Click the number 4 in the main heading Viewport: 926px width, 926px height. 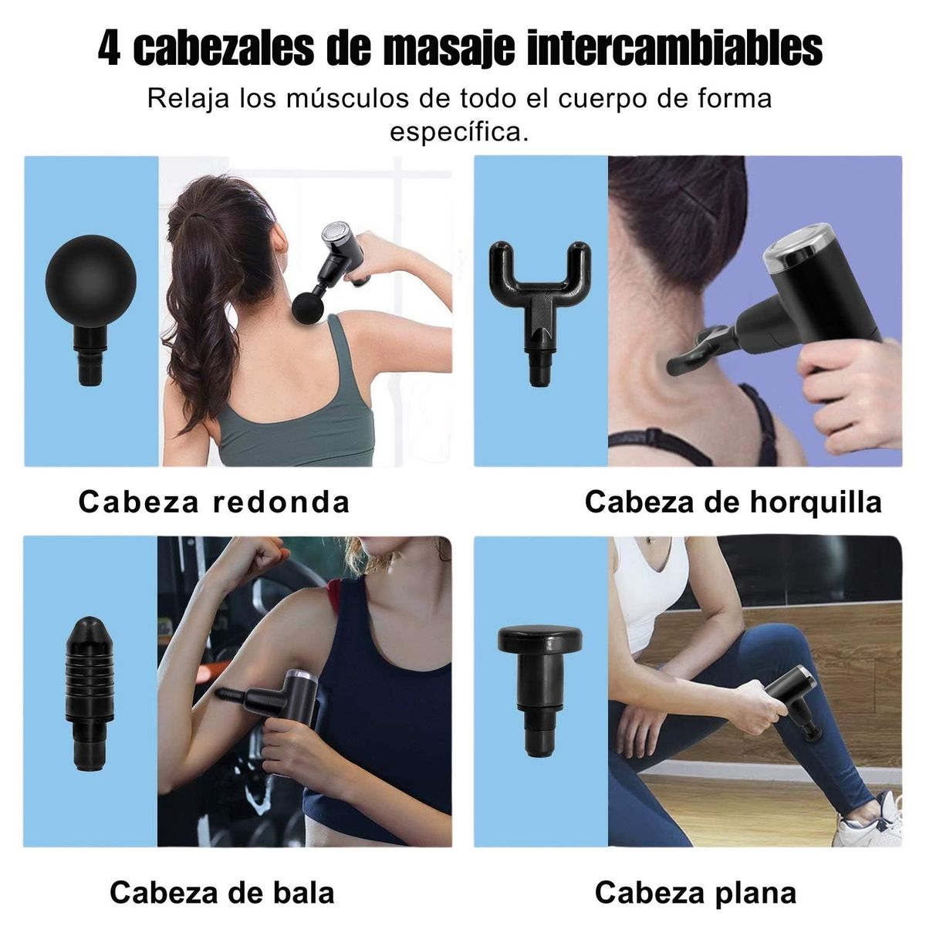[x=110, y=49]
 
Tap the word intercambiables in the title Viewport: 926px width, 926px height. [x=676, y=49]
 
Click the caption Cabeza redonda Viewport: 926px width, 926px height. [x=214, y=502]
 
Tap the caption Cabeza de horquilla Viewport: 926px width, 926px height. [x=732, y=502]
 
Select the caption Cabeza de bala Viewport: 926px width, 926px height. [x=222, y=892]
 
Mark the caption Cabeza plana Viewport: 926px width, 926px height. [x=695, y=892]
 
